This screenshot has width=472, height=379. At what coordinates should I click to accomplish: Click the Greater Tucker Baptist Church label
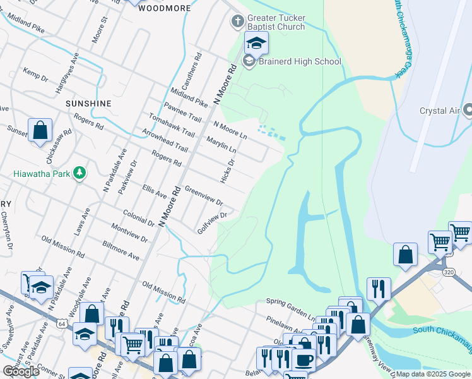tap(276, 23)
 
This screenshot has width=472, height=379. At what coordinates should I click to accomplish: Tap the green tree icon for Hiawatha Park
tap(79, 172)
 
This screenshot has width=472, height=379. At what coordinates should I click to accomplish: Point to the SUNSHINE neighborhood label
tap(88, 103)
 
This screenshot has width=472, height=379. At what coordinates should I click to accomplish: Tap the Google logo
tap(21, 371)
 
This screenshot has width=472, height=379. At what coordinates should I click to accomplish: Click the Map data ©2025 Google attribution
tap(433, 374)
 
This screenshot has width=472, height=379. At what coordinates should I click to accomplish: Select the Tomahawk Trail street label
tap(172, 124)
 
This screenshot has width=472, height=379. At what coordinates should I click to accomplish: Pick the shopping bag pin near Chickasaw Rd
tap(40, 130)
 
